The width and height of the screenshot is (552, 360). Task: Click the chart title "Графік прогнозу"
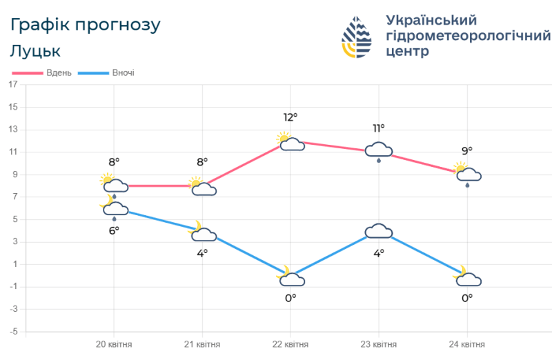click(86, 26)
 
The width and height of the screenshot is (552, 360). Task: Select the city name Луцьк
click(36, 51)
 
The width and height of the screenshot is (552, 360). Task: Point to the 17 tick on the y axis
click(12, 85)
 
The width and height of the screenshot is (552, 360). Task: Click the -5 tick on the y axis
click(12, 332)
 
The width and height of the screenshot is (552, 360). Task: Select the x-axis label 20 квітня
click(114, 344)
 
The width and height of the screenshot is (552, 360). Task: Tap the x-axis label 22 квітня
click(290, 344)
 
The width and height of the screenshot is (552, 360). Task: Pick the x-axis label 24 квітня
click(467, 344)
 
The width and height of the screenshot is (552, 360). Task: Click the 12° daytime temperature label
click(290, 117)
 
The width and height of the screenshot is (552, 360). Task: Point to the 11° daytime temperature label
click(379, 128)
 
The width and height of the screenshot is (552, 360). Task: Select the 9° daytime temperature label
click(467, 151)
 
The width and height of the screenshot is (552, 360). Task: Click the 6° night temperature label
click(114, 230)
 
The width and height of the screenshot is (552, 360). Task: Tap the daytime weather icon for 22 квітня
click(290, 142)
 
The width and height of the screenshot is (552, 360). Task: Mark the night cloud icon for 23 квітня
click(379, 231)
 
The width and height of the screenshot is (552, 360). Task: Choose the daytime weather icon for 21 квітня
click(202, 187)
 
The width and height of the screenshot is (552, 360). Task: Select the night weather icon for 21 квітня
click(202, 232)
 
